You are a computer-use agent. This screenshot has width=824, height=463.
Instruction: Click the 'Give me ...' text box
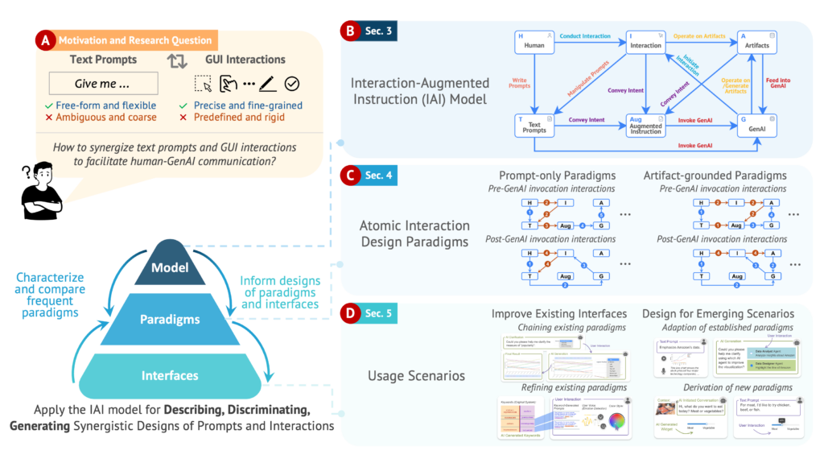[103, 84]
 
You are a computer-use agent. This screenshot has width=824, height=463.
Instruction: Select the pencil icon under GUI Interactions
[268, 84]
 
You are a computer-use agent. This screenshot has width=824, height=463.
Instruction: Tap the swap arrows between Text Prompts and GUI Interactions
[176, 60]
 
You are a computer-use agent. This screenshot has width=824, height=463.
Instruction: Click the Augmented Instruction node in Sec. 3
[645, 124]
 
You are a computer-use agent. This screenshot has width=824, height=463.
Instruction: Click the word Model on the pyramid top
[171, 268]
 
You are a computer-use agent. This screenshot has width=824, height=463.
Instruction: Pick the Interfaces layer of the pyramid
[170, 375]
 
